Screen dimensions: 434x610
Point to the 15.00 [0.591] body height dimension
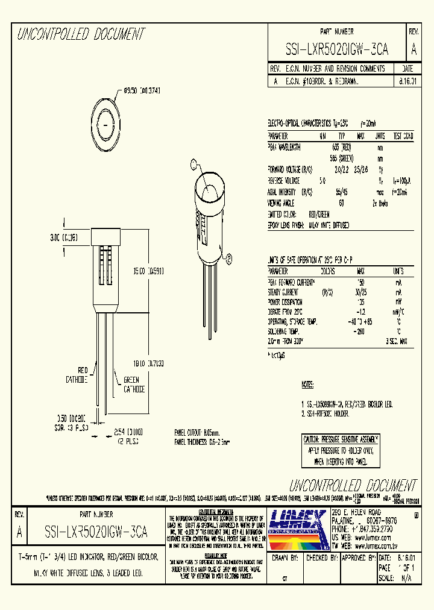coord(147,271)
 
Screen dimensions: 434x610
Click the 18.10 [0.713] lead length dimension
coord(147,364)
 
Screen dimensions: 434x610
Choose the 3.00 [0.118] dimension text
coord(63,238)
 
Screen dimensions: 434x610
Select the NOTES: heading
coord(308,384)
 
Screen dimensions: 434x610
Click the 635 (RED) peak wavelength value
coord(341,146)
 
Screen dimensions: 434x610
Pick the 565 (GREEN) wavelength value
coord(342,157)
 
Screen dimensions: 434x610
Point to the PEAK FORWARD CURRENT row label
coord(292,282)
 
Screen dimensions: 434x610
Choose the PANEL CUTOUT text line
coord(194,432)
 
